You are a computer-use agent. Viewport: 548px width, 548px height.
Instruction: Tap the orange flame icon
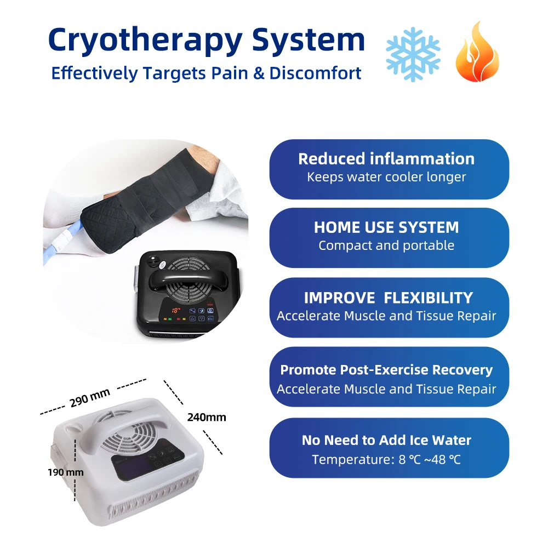point(477,54)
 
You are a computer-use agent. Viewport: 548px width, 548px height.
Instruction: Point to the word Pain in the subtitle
point(254,73)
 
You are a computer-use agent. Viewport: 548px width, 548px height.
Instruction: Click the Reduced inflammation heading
point(386,159)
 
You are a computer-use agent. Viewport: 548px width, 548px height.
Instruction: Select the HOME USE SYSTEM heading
point(386,227)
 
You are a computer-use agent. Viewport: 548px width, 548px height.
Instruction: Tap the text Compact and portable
point(386,246)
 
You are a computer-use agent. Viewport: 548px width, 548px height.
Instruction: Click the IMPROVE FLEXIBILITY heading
point(388,298)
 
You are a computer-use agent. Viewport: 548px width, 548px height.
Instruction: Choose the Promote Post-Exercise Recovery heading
point(386,370)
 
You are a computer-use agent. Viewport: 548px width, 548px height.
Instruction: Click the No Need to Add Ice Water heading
point(386,440)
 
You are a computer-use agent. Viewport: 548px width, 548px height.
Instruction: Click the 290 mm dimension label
point(90,398)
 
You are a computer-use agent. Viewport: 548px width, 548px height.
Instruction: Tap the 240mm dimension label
point(207,417)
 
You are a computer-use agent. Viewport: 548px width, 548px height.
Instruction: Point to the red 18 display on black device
point(176,311)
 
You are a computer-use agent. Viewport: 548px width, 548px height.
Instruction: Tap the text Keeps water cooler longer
point(386,177)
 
